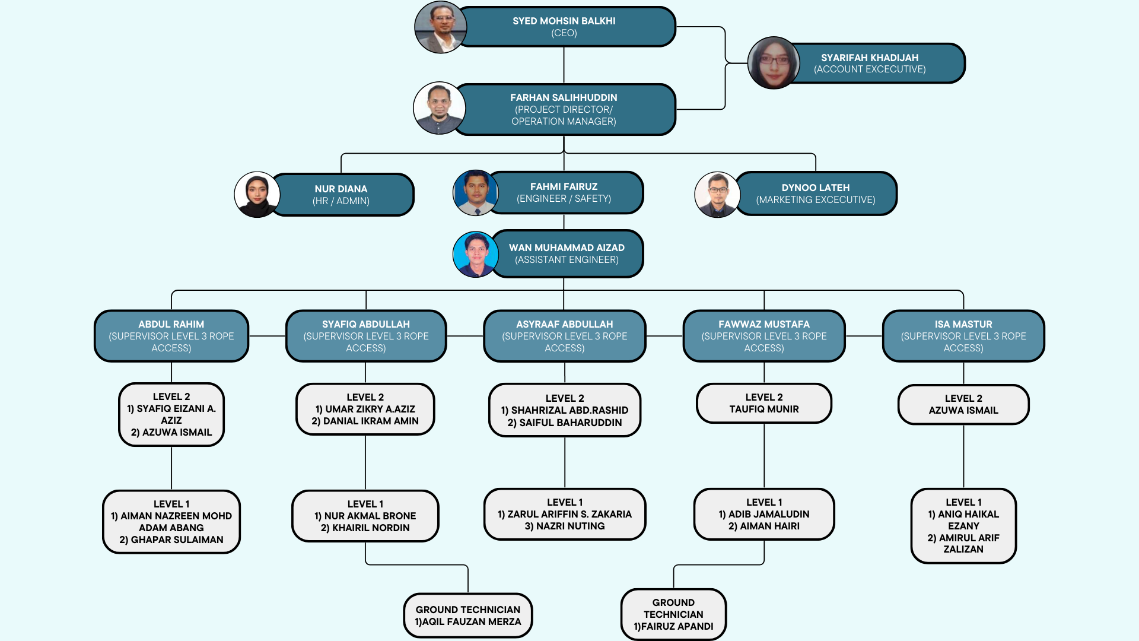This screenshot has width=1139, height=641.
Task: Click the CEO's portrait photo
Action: (x=440, y=27)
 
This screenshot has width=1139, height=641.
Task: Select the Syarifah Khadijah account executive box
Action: (x=870, y=64)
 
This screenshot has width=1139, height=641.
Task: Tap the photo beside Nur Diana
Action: (x=257, y=194)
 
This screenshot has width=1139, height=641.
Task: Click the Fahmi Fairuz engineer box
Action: (x=564, y=192)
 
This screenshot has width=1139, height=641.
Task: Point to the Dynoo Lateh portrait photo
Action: (x=717, y=194)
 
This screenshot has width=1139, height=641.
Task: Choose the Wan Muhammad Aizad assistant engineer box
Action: (x=567, y=253)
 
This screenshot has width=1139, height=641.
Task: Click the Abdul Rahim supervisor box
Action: (x=171, y=336)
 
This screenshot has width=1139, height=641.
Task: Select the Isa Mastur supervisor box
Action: (x=963, y=336)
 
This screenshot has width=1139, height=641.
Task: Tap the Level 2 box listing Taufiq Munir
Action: (x=764, y=403)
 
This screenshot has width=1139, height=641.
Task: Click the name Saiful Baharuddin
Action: (x=565, y=423)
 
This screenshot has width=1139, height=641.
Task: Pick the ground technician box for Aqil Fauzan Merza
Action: (x=468, y=615)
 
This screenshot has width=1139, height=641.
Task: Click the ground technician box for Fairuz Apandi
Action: (x=673, y=614)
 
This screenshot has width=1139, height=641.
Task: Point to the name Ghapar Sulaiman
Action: (x=171, y=540)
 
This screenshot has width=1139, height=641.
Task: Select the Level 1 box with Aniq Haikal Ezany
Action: (x=963, y=526)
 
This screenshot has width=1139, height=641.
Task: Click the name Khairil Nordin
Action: (x=365, y=528)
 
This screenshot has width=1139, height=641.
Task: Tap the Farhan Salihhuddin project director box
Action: (x=564, y=109)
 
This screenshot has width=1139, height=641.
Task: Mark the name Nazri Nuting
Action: (x=565, y=526)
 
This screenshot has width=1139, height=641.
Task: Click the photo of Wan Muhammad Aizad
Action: (x=476, y=255)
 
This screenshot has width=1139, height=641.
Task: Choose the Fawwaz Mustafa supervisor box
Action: (x=764, y=336)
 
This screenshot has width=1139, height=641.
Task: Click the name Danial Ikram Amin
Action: (x=365, y=421)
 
